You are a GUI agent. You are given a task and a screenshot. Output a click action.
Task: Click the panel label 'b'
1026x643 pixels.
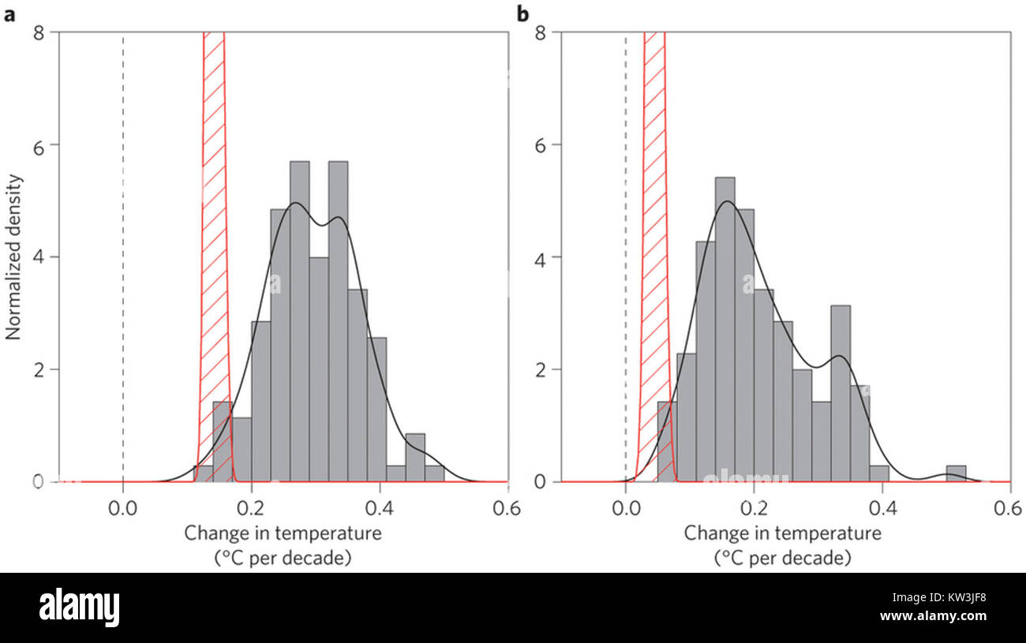click(522, 13)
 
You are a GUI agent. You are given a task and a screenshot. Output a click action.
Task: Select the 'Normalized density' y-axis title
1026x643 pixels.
click(14, 256)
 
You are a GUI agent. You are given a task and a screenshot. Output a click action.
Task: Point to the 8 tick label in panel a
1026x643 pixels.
click(37, 32)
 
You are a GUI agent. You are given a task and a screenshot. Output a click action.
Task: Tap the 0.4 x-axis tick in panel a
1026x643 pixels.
click(379, 508)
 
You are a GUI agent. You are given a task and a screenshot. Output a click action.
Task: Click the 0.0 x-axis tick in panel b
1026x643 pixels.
click(625, 508)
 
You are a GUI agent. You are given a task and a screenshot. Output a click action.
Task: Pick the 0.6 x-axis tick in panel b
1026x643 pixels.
click(1010, 508)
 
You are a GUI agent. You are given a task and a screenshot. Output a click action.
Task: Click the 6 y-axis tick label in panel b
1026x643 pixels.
click(541, 145)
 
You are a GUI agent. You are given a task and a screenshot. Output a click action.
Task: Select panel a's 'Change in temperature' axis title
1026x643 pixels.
click(283, 533)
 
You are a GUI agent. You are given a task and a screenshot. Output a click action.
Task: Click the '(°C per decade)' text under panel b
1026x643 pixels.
click(782, 559)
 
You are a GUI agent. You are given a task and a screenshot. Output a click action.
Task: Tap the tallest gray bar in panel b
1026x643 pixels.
click(725, 331)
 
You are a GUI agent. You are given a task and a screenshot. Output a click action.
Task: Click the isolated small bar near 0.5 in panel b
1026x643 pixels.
click(956, 473)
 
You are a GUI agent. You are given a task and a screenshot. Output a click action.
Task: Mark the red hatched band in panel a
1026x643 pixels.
click(214, 237)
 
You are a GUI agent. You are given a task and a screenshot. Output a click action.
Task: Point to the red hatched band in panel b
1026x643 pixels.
click(654, 237)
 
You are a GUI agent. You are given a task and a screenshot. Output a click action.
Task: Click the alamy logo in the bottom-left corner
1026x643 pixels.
click(80, 607)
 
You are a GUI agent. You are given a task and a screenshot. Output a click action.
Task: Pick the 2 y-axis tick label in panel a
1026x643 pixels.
click(37, 369)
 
